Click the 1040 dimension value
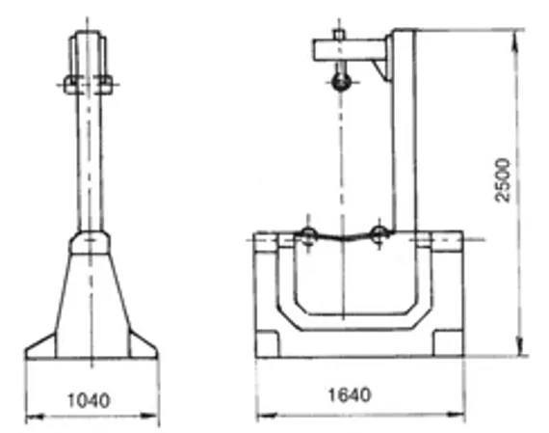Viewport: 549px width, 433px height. click(x=90, y=397)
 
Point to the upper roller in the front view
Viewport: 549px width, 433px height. click(x=341, y=85)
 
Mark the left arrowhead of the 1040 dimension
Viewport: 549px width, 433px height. click(x=30, y=417)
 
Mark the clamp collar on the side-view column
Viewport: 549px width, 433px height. click(x=90, y=83)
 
